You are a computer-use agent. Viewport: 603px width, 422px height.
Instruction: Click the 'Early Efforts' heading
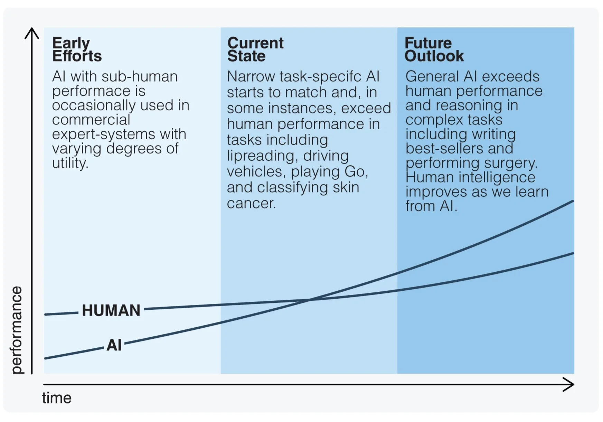click(77, 49)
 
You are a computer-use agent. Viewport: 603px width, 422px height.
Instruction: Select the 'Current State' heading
click(255, 49)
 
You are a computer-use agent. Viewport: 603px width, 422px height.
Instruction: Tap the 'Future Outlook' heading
click(434, 49)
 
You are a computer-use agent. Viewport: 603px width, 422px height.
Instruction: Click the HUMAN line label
click(111, 310)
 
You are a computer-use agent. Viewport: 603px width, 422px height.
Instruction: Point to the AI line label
click(114, 345)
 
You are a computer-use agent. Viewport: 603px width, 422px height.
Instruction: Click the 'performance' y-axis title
click(16, 330)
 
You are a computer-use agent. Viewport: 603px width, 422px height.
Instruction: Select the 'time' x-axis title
click(57, 398)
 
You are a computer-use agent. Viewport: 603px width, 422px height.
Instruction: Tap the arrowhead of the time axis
click(570, 384)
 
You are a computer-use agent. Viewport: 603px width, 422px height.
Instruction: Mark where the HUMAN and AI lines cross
click(310, 300)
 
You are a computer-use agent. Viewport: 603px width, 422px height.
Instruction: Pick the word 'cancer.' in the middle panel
click(251, 203)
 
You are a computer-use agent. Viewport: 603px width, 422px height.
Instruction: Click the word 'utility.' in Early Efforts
click(70, 163)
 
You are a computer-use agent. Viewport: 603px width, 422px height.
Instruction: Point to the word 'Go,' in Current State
click(356, 171)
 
